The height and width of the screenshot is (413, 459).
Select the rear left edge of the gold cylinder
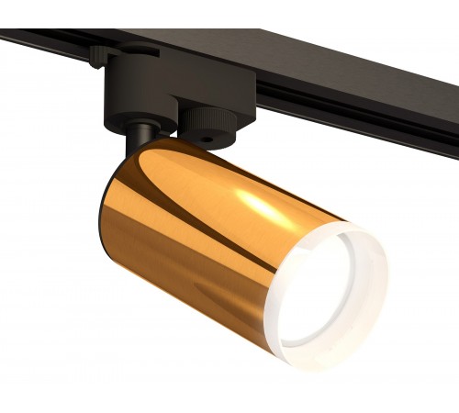pos(98,220)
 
